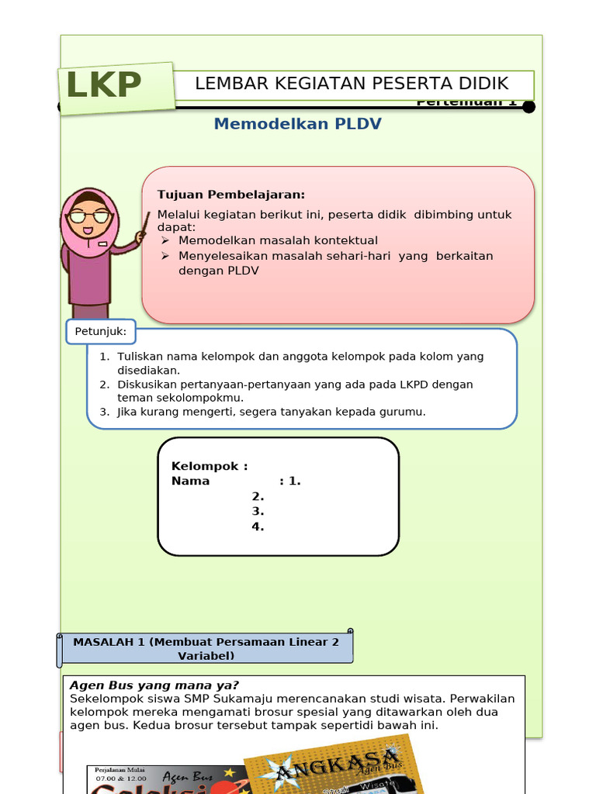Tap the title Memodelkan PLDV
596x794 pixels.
pyautogui.click(x=297, y=124)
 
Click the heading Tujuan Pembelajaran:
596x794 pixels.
pyautogui.click(x=231, y=195)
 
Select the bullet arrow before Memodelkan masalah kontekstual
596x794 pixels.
pyautogui.click(x=165, y=241)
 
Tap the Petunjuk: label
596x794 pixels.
pyautogui.click(x=101, y=333)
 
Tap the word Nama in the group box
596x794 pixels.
pyautogui.click(x=190, y=481)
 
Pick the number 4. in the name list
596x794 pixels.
pyautogui.click(x=258, y=526)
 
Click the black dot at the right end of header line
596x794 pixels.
pyautogui.click(x=528, y=107)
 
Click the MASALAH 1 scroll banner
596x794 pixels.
pyautogui.click(x=206, y=648)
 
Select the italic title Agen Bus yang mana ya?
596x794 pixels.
pyautogui.click(x=154, y=685)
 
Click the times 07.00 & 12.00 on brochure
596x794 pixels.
pyautogui.click(x=120, y=776)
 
